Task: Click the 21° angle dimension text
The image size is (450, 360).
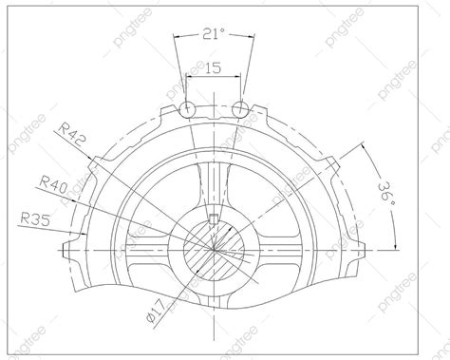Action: [214, 34]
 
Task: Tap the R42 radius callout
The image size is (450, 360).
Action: [73, 133]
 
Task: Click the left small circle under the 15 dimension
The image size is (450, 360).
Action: [188, 107]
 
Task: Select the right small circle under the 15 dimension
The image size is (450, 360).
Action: [239, 107]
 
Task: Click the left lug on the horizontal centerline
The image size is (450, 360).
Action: [68, 251]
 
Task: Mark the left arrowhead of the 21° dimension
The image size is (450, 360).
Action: [177, 39]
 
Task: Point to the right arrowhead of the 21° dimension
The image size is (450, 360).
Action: [251, 39]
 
